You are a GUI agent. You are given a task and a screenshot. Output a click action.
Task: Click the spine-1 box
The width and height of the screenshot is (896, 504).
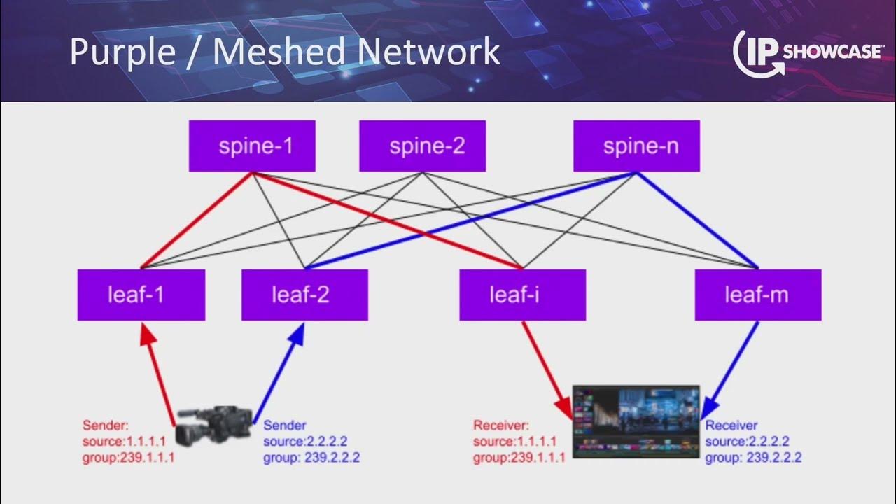[252, 146]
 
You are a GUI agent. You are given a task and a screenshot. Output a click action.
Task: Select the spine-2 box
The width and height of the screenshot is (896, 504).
[422, 146]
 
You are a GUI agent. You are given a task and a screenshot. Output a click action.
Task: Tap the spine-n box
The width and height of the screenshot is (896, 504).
[636, 146]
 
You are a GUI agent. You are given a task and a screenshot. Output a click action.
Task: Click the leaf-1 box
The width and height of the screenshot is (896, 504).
[141, 295]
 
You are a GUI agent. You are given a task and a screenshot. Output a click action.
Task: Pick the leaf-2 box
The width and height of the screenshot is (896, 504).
[304, 295]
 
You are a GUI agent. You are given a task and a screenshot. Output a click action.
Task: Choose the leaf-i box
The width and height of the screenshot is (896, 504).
[522, 295]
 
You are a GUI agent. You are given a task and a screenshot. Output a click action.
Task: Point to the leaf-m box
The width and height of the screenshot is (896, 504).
[757, 295]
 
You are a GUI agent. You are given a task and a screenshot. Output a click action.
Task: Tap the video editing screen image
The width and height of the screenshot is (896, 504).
[636, 421]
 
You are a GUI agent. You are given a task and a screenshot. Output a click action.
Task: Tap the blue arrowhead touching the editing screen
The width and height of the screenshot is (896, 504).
[710, 407]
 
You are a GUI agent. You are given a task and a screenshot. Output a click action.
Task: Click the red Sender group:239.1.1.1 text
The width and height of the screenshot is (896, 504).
[128, 458]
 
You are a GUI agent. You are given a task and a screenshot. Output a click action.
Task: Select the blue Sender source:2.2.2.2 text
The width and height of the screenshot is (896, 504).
[305, 442]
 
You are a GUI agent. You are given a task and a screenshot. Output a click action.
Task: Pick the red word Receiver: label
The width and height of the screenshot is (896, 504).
[501, 426]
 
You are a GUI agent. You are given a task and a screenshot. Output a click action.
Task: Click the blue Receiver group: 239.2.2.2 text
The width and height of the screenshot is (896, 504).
[753, 458]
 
